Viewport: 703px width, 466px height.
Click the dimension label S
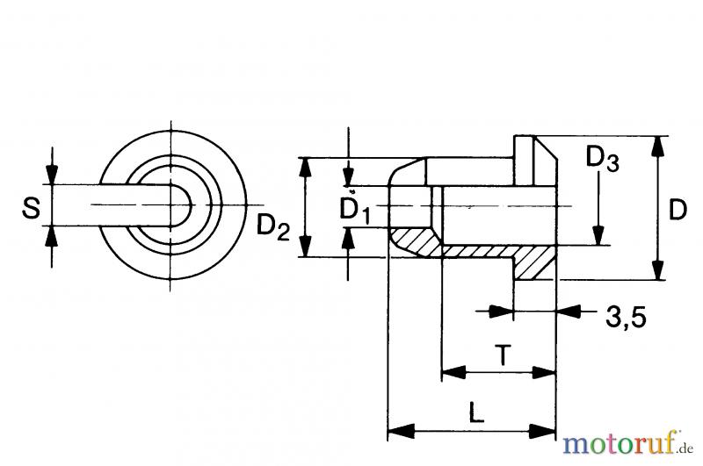click(x=31, y=208)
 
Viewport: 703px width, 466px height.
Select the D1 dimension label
click(x=356, y=210)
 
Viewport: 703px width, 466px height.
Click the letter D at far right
click(x=677, y=210)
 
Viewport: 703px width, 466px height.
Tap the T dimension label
click(x=502, y=355)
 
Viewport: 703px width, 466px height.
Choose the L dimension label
click(x=475, y=412)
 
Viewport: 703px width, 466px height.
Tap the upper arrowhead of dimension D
click(x=656, y=145)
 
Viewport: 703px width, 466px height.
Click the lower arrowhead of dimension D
click(x=656, y=271)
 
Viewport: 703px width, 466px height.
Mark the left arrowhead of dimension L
click(x=398, y=431)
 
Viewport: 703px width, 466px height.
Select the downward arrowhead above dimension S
click(x=52, y=176)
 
